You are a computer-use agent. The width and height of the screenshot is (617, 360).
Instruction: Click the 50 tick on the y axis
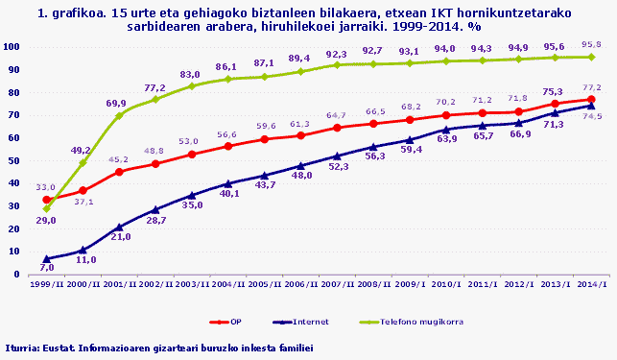15,160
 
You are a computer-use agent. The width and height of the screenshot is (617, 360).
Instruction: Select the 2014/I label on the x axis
591,285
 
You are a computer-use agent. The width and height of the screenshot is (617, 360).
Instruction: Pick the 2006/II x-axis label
300,285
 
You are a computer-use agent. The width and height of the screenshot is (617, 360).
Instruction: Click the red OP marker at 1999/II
46,200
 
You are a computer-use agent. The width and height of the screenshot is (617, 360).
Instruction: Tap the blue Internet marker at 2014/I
591,106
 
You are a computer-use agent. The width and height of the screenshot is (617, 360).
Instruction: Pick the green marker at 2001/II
119,116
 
